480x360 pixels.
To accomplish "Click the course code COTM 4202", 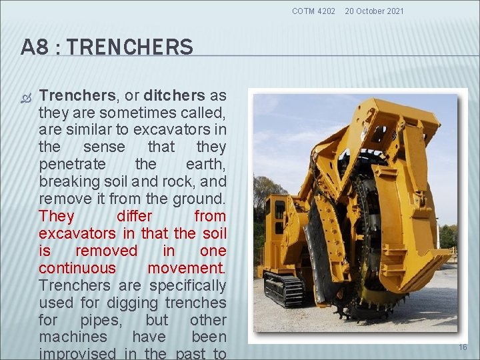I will click(313, 11).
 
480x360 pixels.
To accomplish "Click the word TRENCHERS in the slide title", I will click(130, 47).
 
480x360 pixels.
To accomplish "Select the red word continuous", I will click(77, 268).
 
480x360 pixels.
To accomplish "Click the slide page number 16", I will click(463, 347).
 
